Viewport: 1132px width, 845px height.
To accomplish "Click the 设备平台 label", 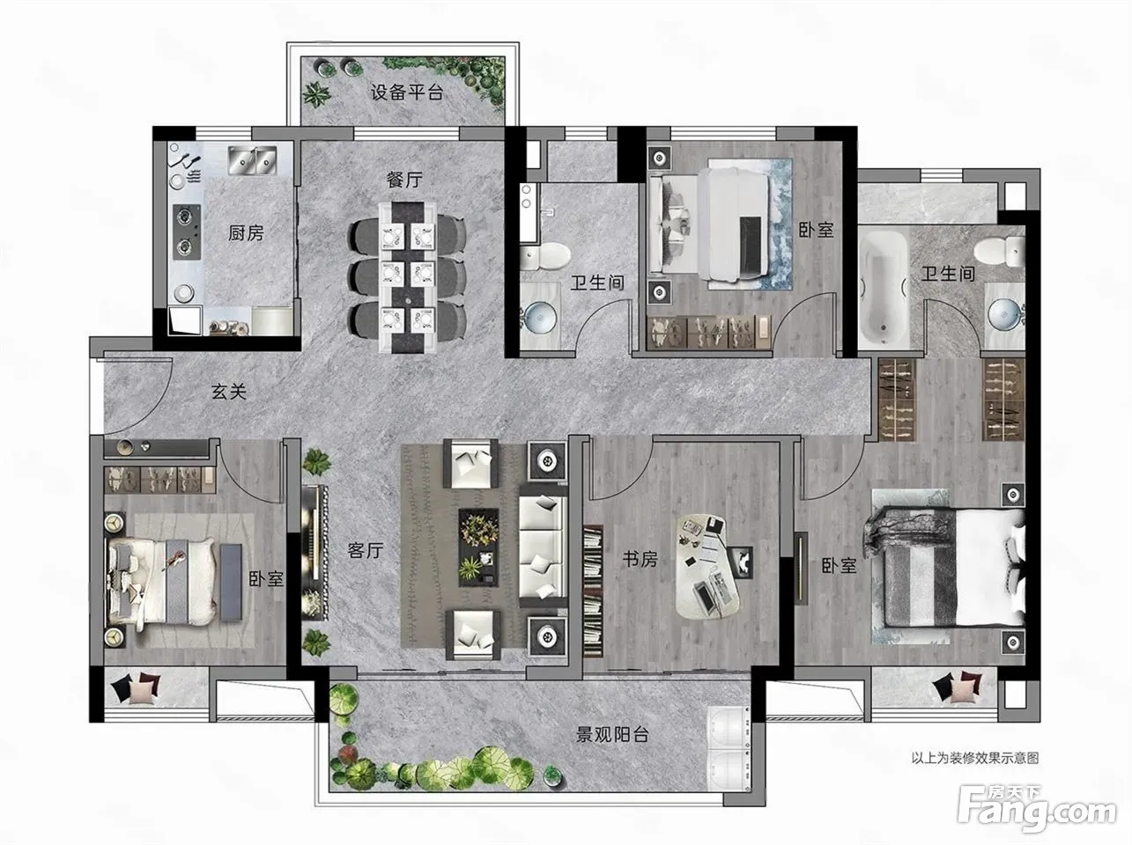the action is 407,92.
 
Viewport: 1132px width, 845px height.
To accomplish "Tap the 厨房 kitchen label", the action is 246,233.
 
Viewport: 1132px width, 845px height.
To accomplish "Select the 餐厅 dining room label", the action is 404,180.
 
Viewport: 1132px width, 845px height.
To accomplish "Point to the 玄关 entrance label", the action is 229,392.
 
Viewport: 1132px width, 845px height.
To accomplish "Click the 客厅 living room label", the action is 365,551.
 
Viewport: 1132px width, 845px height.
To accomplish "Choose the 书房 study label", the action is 640,559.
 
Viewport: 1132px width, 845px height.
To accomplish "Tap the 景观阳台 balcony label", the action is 611,735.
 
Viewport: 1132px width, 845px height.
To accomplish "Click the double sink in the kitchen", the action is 253,159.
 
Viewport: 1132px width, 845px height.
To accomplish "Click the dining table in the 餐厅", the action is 409,278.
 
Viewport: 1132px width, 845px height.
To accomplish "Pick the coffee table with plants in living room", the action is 479,547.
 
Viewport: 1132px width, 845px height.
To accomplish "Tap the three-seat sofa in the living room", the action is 543,547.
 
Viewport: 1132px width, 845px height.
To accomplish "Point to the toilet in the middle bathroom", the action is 545,256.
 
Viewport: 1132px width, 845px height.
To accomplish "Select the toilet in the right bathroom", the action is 1000,252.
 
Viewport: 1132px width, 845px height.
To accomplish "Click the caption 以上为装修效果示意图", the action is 974,758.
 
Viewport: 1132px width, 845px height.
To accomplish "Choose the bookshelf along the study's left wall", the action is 593,591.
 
